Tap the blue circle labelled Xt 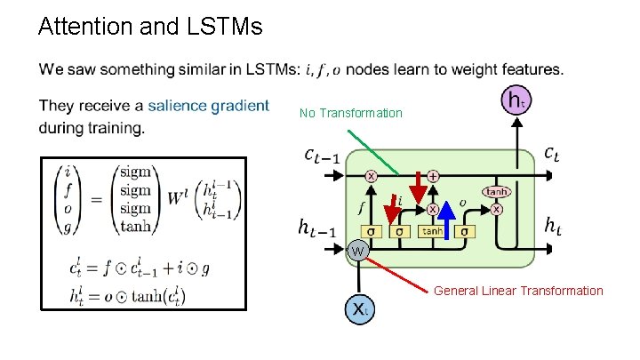coord(357,309)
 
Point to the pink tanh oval coord(496,191)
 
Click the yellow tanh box coord(431,232)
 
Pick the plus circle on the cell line coord(433,176)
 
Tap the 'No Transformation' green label coord(350,113)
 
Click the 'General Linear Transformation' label coord(517,291)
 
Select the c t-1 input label coord(320,156)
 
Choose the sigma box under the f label coord(371,232)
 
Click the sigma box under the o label coord(463,232)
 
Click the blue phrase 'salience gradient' coord(208,106)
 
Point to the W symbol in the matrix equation coord(183,197)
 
